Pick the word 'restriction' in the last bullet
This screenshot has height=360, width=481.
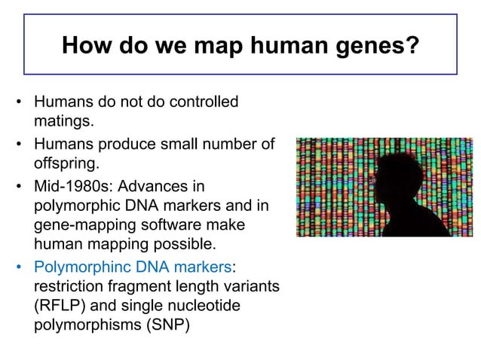[x=64, y=287]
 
